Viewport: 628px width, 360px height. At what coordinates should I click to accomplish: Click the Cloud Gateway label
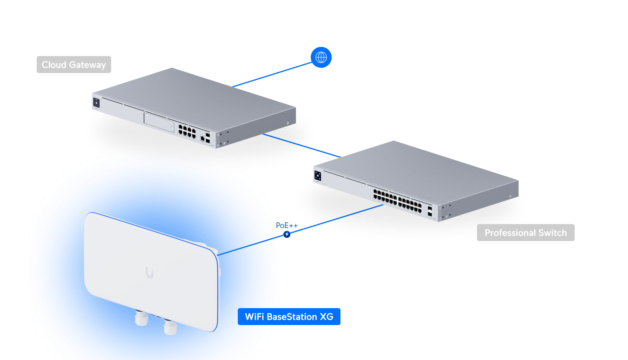pyautogui.click(x=74, y=65)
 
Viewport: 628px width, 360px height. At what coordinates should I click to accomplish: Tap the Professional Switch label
pyautogui.click(x=525, y=233)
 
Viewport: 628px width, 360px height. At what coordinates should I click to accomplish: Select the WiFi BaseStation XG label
pyautogui.click(x=289, y=317)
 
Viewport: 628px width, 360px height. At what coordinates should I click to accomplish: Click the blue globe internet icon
pyautogui.click(x=321, y=57)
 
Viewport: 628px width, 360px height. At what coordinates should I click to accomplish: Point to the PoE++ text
pyautogui.click(x=287, y=225)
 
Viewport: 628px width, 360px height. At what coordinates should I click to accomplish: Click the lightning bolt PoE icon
pyautogui.click(x=287, y=234)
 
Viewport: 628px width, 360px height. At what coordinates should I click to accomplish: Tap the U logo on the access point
pyautogui.click(x=150, y=272)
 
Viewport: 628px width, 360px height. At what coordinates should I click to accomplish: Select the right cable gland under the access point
pyautogui.click(x=170, y=328)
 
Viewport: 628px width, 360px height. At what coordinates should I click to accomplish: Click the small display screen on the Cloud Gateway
pyautogui.click(x=96, y=103)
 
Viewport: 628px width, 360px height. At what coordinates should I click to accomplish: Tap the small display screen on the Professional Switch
pyautogui.click(x=318, y=176)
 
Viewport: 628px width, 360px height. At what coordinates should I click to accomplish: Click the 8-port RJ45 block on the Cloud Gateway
pyautogui.click(x=187, y=131)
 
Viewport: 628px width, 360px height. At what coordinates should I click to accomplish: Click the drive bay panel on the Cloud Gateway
pyautogui.click(x=159, y=122)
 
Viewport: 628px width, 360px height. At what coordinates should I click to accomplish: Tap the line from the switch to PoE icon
pyautogui.click(x=335, y=219)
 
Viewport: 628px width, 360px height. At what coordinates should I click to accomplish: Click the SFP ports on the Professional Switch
pyautogui.click(x=430, y=211)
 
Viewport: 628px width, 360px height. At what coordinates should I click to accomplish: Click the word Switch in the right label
pyautogui.click(x=552, y=233)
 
